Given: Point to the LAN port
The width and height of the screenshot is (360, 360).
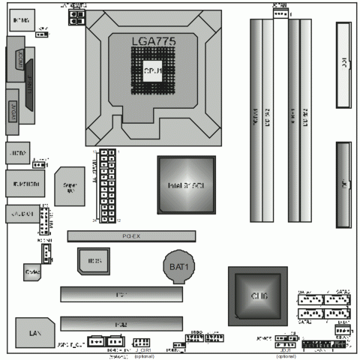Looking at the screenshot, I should click(x=32, y=331).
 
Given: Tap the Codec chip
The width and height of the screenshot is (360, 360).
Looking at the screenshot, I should click(x=32, y=268).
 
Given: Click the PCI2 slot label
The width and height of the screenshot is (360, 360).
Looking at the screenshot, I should click(x=121, y=322).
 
